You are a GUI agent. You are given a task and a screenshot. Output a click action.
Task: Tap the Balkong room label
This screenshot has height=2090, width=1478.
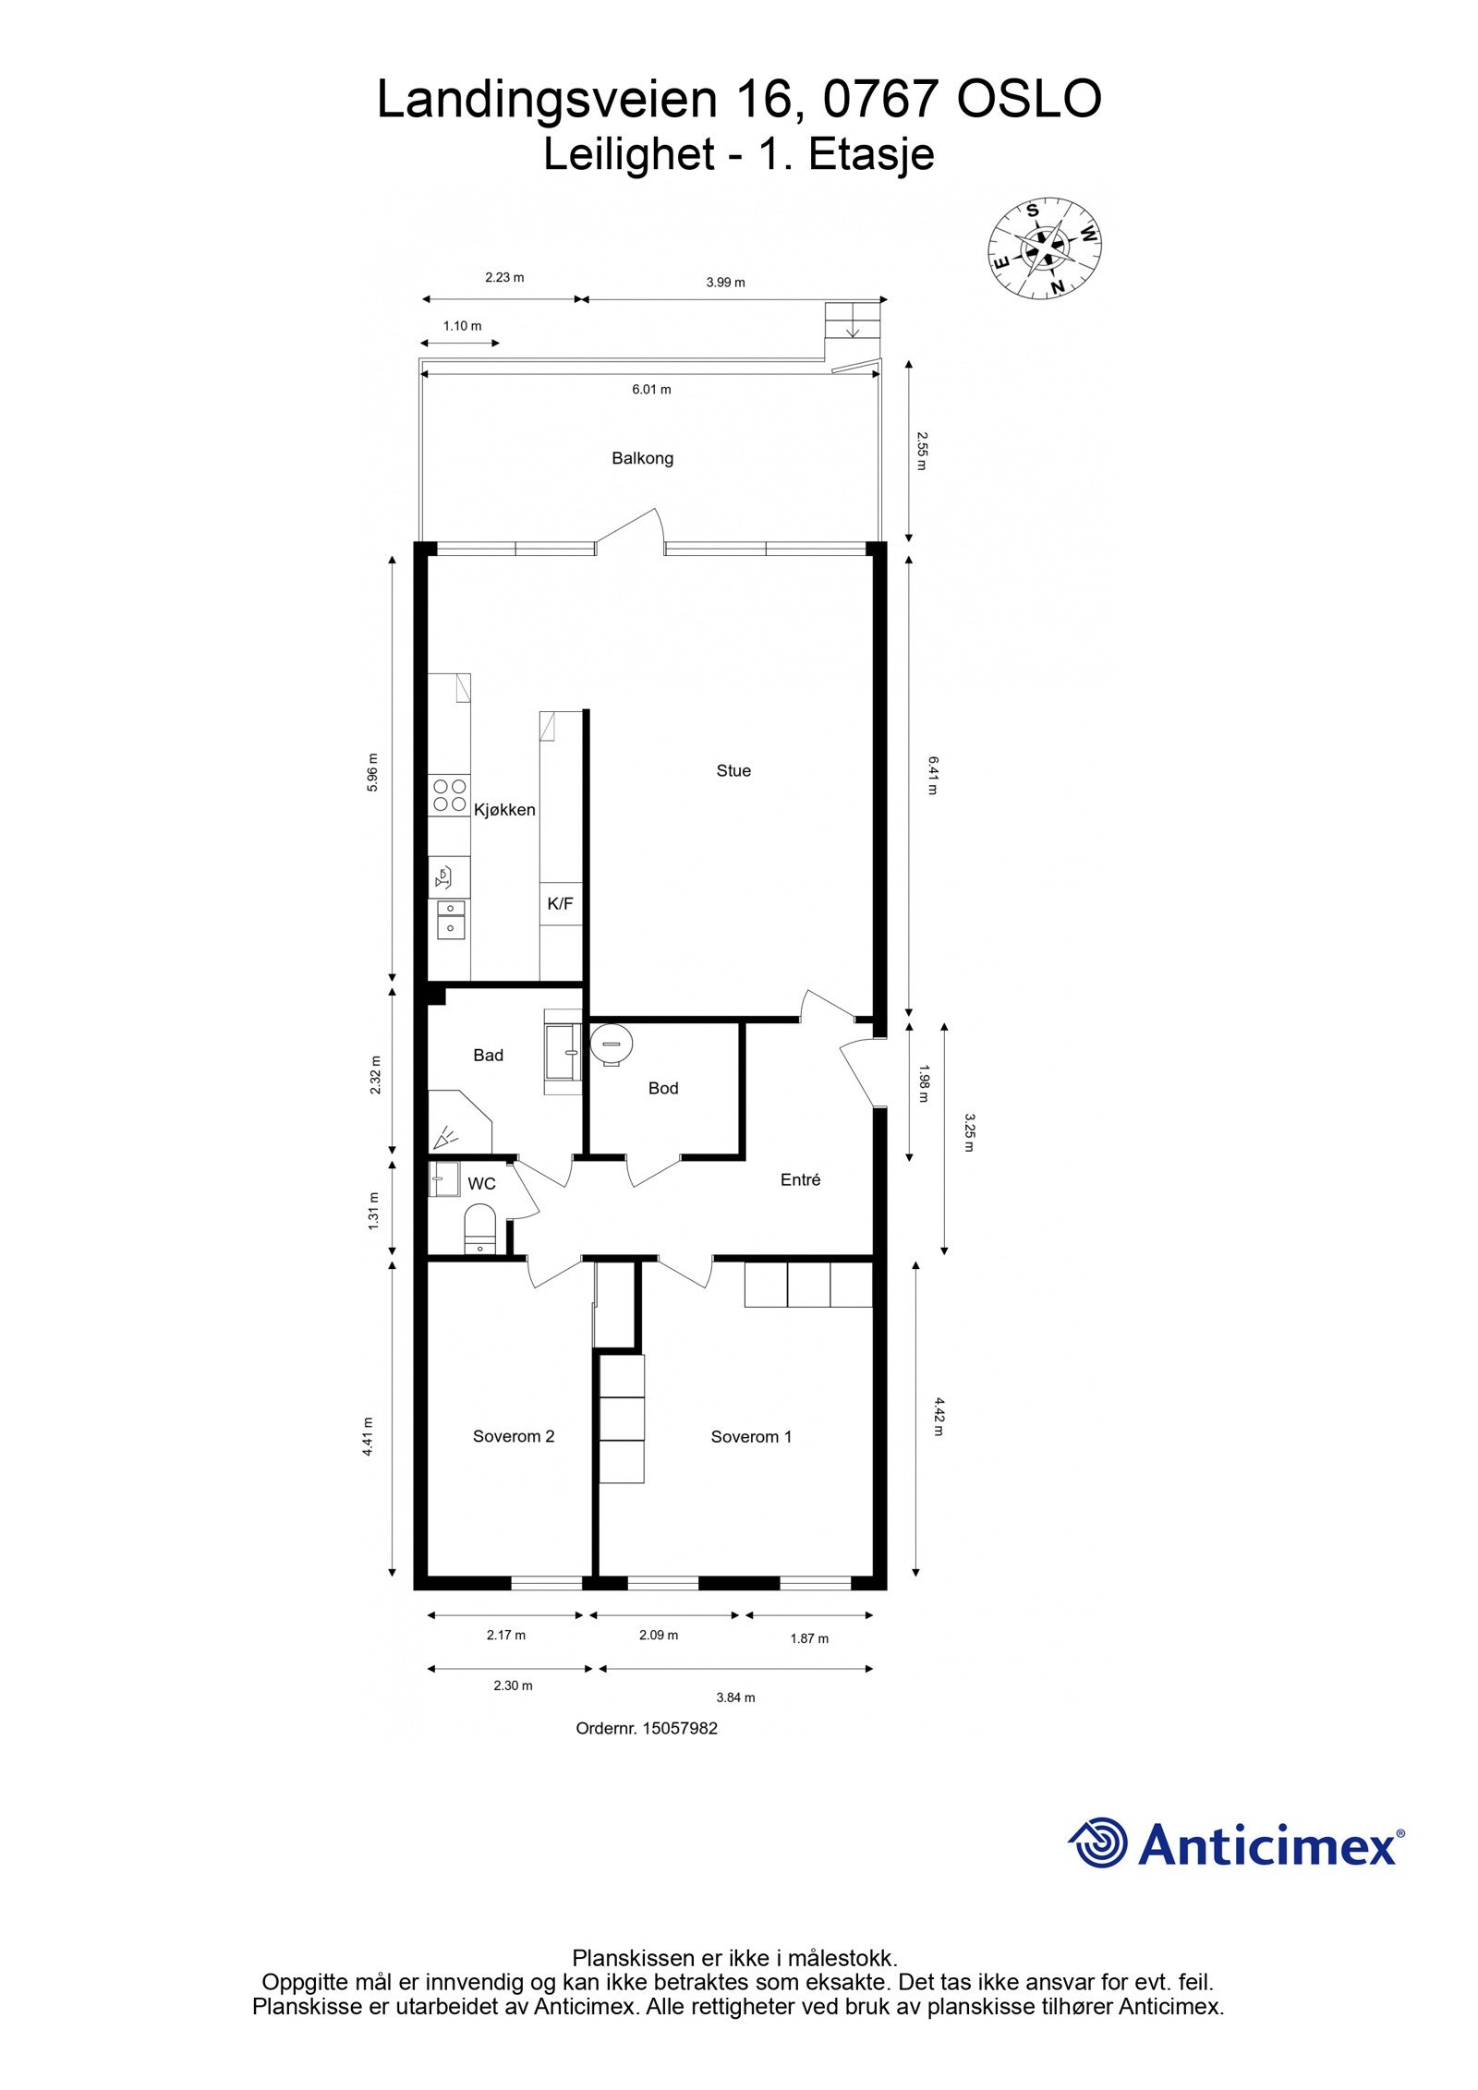pyautogui.click(x=642, y=458)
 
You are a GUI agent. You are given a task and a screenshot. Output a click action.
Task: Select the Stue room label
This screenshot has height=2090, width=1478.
pyautogui.click(x=733, y=770)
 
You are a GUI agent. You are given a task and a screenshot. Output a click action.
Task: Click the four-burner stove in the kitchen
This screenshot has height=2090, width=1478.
pyautogui.click(x=449, y=795)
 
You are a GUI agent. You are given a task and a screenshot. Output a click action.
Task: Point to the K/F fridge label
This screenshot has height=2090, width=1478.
pyautogui.click(x=560, y=903)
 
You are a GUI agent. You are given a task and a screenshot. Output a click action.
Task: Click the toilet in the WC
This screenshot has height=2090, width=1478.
pyautogui.click(x=479, y=1227)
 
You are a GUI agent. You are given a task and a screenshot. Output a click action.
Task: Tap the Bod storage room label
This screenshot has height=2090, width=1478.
pyautogui.click(x=662, y=1088)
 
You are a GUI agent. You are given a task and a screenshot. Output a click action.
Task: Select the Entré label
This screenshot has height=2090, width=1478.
pyautogui.click(x=800, y=1179)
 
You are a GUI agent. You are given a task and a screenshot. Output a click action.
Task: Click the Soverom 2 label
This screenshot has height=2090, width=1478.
pyautogui.click(x=513, y=1436)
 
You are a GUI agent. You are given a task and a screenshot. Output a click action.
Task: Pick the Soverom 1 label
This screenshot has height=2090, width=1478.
pyautogui.click(x=751, y=1436)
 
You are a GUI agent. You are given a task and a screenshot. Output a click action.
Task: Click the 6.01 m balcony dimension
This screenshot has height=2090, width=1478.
pyautogui.click(x=651, y=390)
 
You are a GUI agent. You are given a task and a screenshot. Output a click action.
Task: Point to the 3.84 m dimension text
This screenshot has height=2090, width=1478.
pyautogui.click(x=735, y=1697)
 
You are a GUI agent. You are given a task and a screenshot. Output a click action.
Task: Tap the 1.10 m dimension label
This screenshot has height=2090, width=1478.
pyautogui.click(x=462, y=326)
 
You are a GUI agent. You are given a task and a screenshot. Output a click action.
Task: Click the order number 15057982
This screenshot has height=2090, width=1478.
pyautogui.click(x=678, y=1728)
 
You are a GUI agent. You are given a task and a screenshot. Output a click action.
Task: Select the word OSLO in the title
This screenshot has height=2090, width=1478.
pyautogui.click(x=1029, y=100)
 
